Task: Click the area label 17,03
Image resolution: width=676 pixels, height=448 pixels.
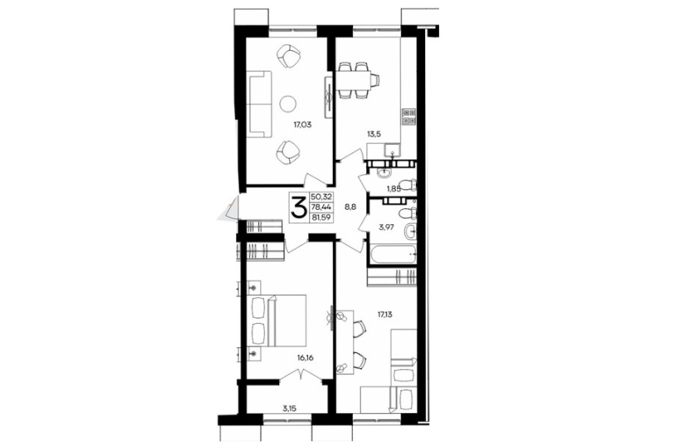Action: [302, 126]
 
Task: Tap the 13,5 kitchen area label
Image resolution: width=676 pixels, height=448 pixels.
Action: [374, 134]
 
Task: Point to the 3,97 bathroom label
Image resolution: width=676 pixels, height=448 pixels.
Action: [386, 227]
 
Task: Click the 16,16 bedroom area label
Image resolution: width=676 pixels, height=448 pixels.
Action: [305, 358]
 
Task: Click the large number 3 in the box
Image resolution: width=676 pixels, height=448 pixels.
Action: [299, 207]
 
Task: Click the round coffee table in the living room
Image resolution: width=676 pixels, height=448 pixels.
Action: [288, 104]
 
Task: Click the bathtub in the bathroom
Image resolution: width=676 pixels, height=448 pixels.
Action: [393, 255]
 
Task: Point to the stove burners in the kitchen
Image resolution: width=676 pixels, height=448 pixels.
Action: [409, 117]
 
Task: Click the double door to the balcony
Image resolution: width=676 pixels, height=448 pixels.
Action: [301, 376]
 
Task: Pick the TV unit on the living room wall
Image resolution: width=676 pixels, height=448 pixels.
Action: [328, 98]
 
